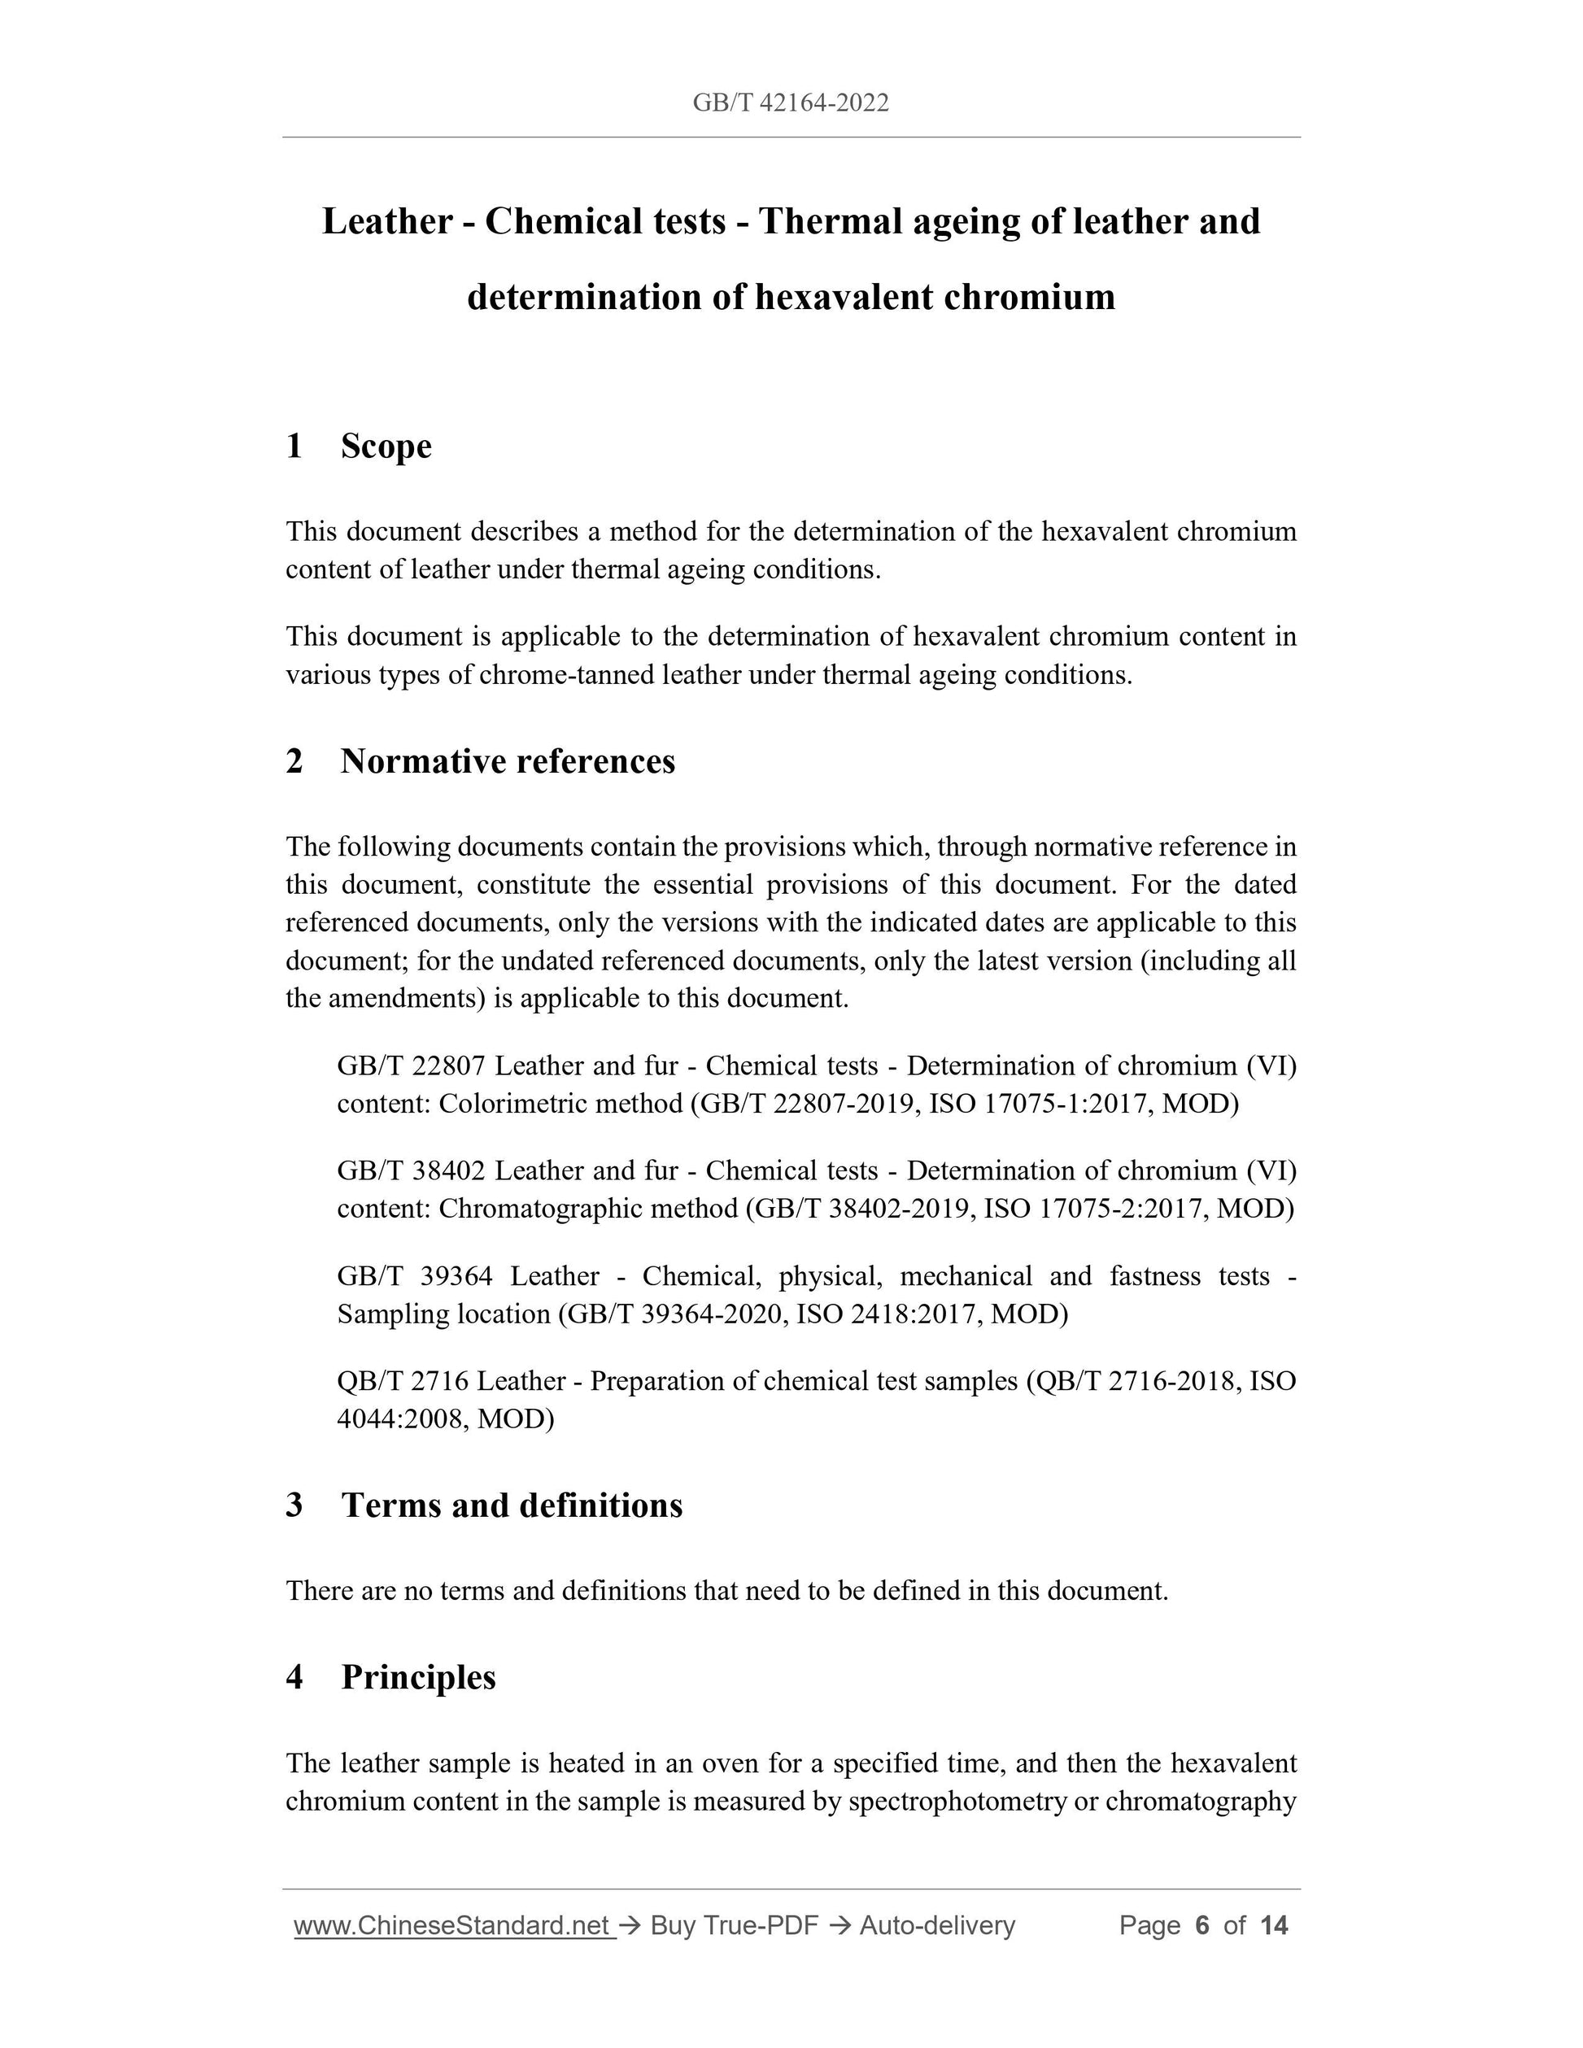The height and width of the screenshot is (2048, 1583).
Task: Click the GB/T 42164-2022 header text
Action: [791, 103]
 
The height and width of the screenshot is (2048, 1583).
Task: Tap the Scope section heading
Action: [386, 447]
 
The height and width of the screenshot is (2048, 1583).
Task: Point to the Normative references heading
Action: [508, 761]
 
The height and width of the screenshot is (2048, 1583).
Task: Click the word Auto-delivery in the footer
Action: [937, 1926]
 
